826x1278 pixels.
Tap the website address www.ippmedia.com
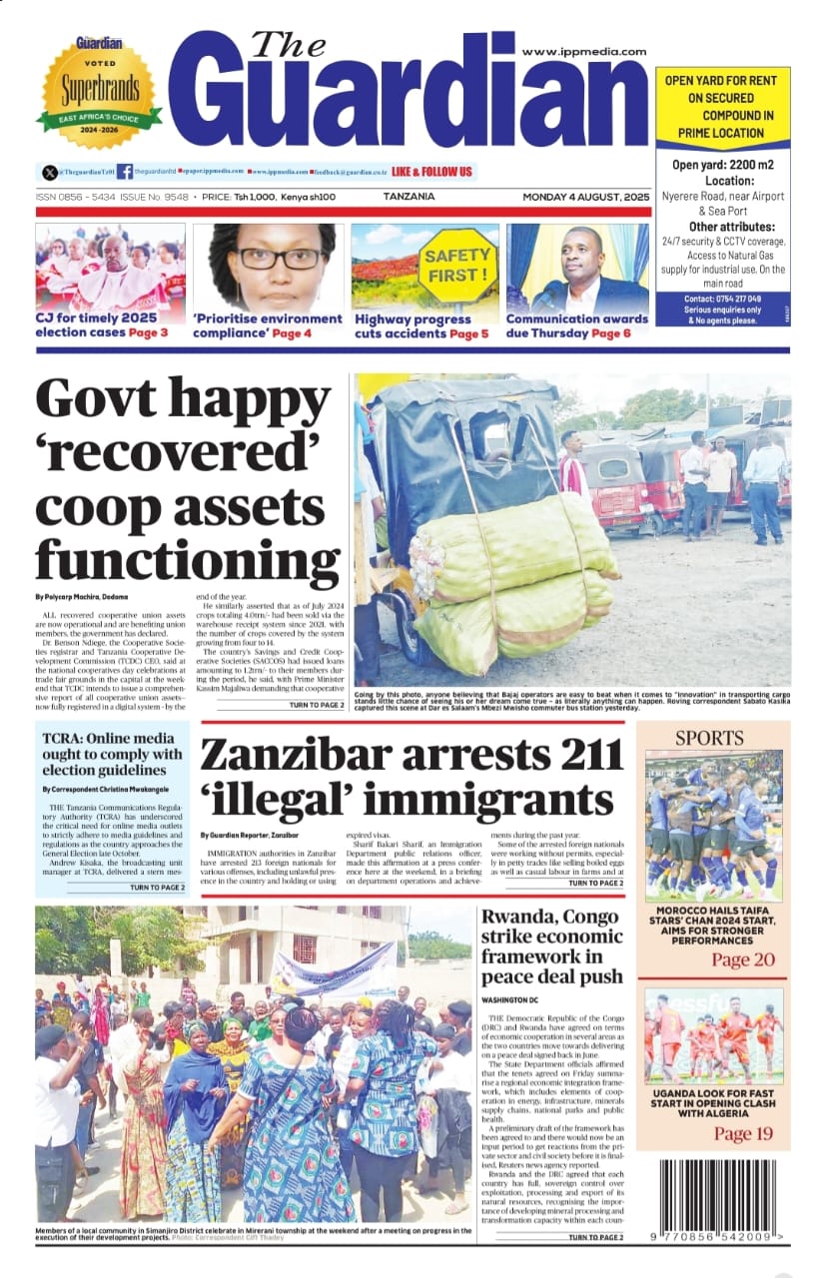click(583, 51)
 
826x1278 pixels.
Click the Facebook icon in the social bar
click(124, 172)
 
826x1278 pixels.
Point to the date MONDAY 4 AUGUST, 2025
click(586, 197)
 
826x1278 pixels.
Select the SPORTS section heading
click(709, 738)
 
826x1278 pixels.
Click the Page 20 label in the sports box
click(742, 959)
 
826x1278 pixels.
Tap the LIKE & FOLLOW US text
click(432, 171)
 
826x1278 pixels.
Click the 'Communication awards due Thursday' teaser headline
click(576, 325)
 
